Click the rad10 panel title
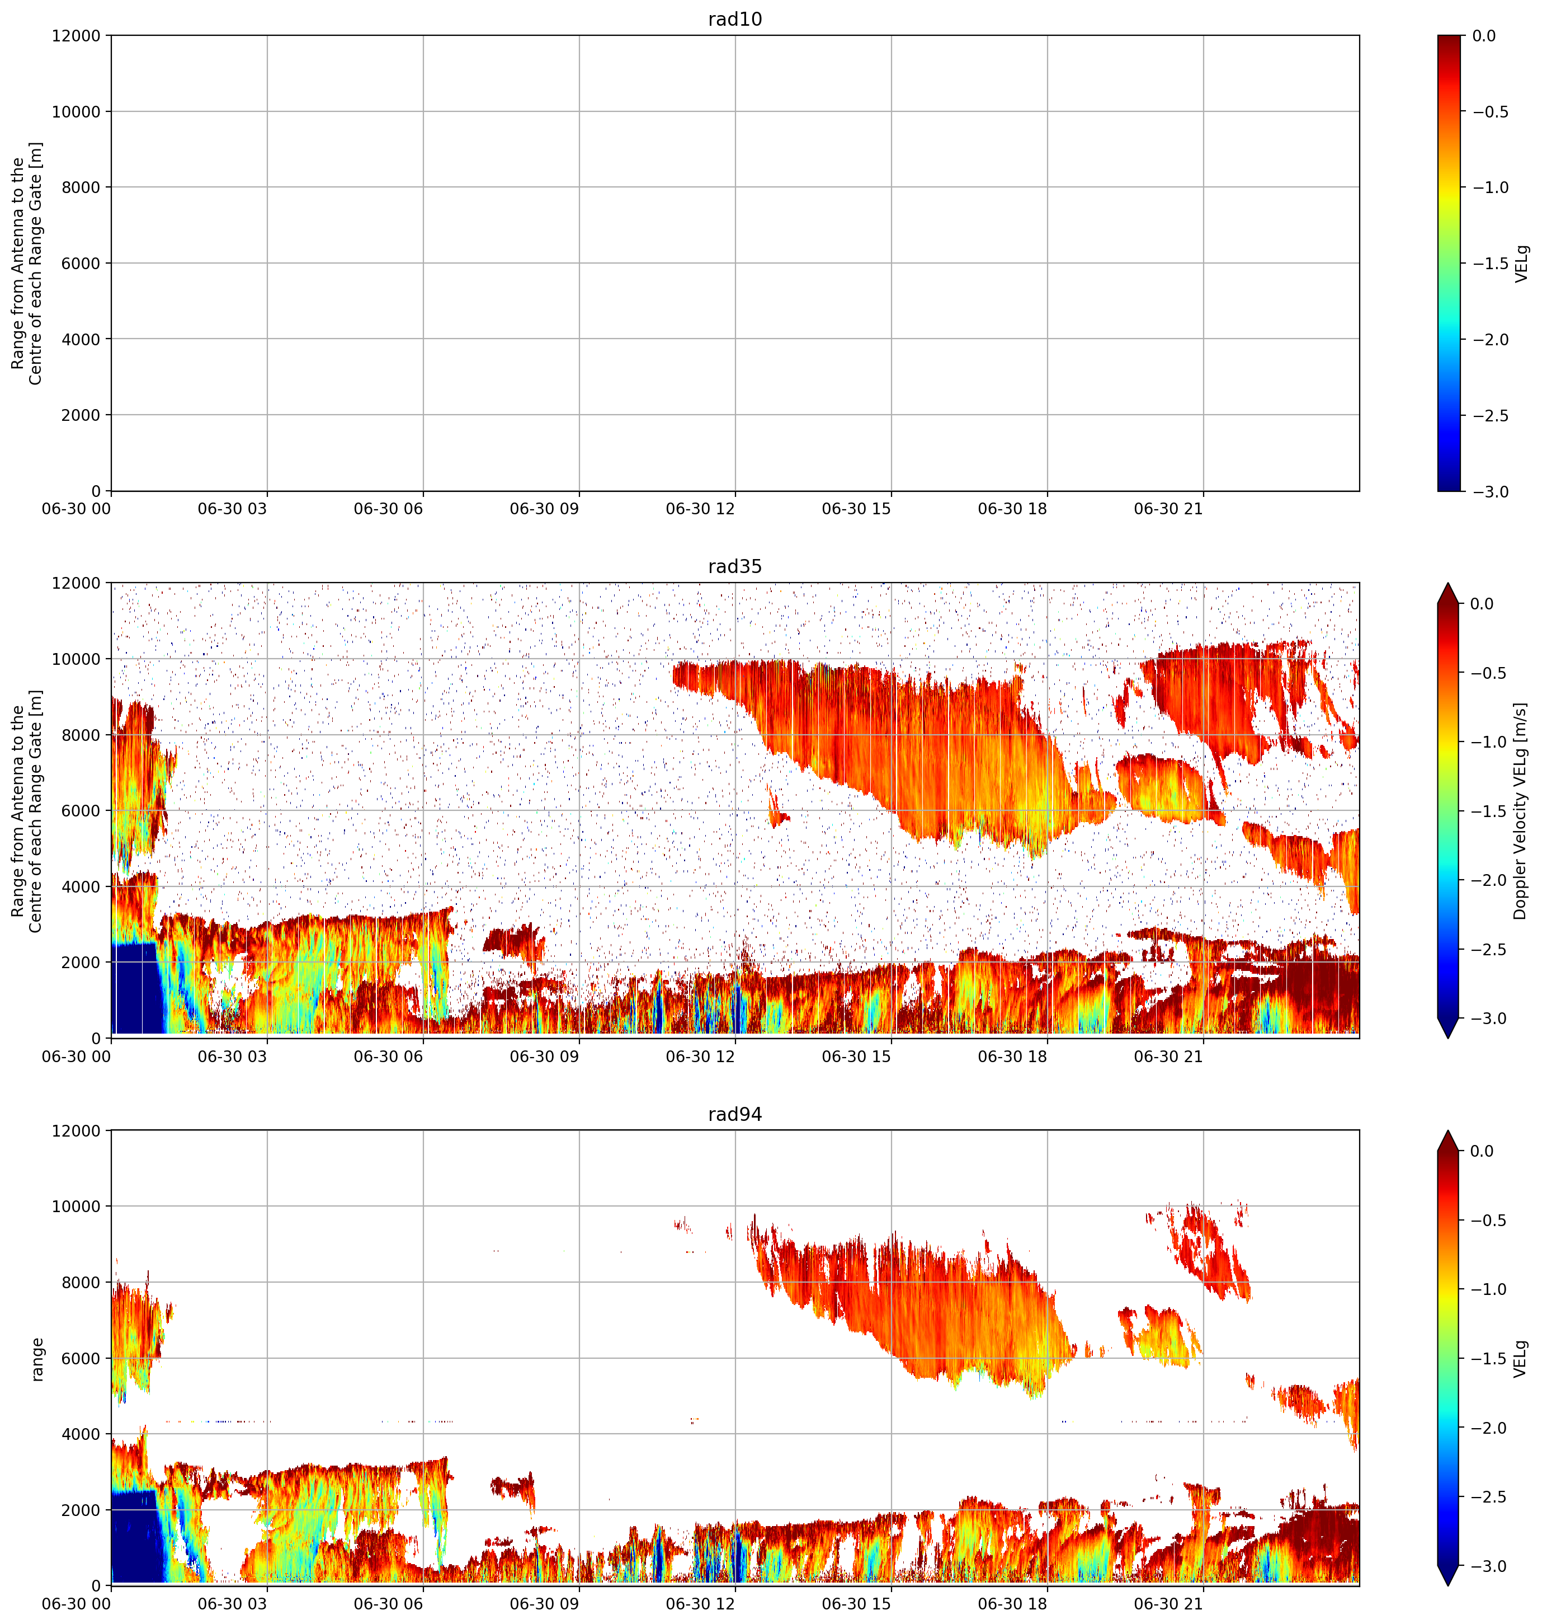pos(735,19)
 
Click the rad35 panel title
pos(735,566)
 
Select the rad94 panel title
pos(735,1114)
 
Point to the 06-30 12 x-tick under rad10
pos(700,509)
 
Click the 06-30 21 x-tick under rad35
pos(1168,1057)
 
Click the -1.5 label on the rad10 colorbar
pos(1490,263)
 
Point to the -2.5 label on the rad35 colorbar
pos(1490,950)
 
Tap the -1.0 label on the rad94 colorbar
pos(1490,1288)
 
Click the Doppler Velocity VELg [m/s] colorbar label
pos(1520,811)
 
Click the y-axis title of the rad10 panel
pos(27,263)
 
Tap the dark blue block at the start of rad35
pos(138,987)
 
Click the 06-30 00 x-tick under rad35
pos(77,1057)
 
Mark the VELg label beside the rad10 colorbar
pos(1521,263)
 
